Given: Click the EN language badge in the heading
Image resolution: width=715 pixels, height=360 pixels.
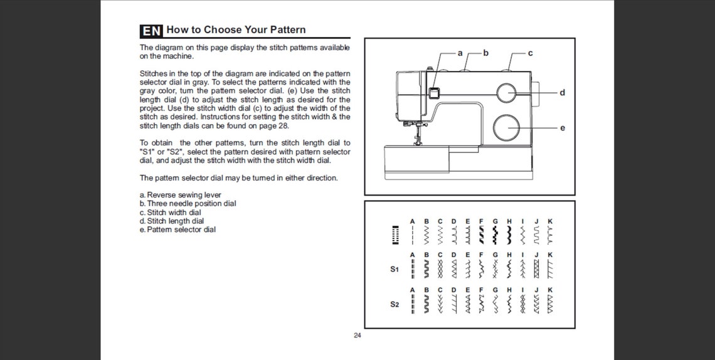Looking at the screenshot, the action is [151, 31].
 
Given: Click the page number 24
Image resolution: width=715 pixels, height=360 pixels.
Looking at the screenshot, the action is [357, 336].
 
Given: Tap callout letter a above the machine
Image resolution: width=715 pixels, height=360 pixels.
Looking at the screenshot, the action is [460, 53].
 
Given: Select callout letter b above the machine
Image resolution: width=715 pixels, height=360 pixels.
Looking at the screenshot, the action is [485, 53].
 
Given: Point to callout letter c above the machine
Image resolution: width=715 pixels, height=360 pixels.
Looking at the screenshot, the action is [530, 53].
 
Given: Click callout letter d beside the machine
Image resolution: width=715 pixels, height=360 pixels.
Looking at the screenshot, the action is [562, 92].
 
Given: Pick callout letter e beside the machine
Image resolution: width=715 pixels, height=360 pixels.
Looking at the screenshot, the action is [562, 128].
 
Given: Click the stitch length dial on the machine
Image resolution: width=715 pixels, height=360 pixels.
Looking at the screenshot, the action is [506, 92].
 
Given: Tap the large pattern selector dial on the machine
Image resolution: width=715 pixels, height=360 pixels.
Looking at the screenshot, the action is [507, 127].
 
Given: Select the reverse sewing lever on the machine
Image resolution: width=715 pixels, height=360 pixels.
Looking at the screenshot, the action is [433, 93].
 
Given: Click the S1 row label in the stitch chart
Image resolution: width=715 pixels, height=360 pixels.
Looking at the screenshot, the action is [395, 269].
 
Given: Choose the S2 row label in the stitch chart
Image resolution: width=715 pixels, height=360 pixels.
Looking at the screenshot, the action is [395, 304].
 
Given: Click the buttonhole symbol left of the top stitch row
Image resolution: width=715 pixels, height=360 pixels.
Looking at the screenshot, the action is [395, 235].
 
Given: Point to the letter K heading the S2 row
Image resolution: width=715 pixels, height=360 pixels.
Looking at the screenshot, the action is [550, 290].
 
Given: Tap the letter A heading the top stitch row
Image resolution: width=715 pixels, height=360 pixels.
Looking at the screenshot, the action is [412, 221].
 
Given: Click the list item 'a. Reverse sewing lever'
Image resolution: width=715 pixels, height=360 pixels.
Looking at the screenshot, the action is [181, 195].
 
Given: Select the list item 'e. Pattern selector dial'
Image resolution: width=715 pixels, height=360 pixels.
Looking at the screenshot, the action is [178, 230].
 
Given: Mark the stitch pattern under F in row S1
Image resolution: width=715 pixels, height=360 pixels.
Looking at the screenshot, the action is [480, 269].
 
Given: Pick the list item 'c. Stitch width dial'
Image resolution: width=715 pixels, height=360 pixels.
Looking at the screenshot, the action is [171, 213].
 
